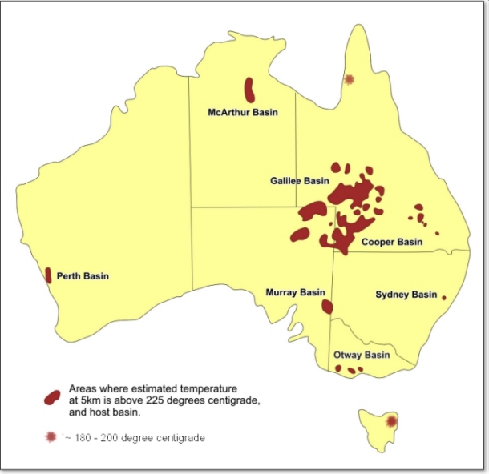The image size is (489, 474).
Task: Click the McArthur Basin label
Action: [242, 113]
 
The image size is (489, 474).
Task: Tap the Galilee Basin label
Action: [299, 182]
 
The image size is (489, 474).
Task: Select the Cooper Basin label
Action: [391, 242]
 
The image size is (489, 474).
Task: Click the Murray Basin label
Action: [295, 293]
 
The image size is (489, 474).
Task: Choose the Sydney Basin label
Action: [406, 295]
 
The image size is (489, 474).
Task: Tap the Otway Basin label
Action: [362, 355]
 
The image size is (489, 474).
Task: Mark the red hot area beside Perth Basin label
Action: [48, 275]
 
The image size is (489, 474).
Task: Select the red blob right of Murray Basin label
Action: [327, 306]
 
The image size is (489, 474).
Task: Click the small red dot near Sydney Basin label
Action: [443, 297]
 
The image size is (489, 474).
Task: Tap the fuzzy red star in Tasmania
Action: [391, 421]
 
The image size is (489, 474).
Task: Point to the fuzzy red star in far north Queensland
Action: [349, 79]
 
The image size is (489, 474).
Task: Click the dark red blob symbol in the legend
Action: [52, 397]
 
